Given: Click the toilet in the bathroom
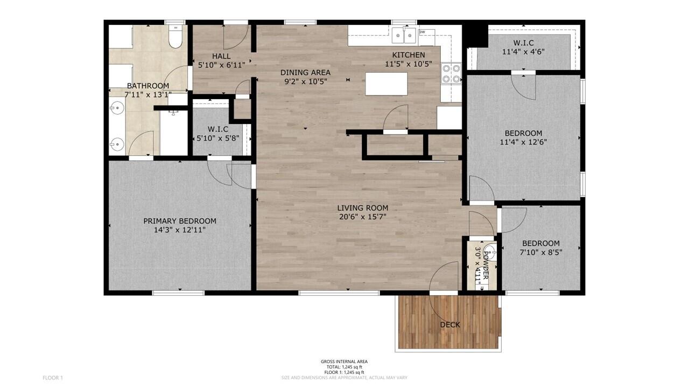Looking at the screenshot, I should point(175,37).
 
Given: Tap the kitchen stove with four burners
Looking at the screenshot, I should point(451,73).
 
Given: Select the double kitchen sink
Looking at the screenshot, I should point(404,36).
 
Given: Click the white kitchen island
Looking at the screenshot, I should point(386,84).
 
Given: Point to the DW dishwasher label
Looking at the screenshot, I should point(422,32).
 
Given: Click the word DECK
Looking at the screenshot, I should point(450,324).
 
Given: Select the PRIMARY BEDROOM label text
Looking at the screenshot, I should point(180,221).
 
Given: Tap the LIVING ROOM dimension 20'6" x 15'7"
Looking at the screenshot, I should point(362,217).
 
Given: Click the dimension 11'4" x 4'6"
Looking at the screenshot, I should point(523,52).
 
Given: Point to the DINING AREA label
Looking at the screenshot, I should point(305,72).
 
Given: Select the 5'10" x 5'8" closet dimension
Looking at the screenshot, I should point(218,138).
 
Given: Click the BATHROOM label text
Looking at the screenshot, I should point(147,86).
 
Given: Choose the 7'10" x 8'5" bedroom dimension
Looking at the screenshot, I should point(540,252).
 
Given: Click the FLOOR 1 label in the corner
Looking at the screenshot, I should point(53,378).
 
